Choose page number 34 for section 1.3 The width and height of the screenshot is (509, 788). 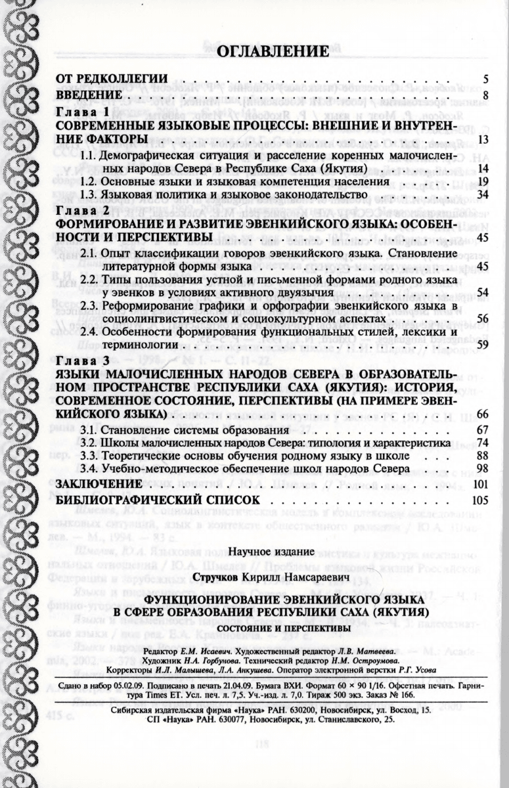click(482, 195)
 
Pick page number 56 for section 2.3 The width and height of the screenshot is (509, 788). click(482, 318)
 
